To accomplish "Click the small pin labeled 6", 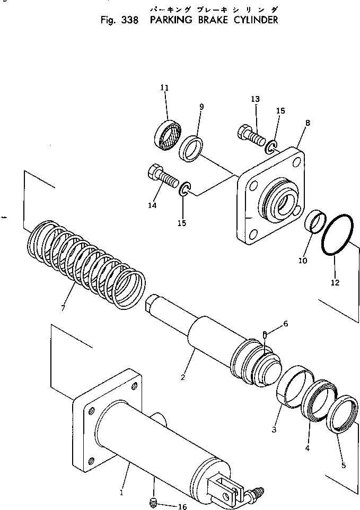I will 264,335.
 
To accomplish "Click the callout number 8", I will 308,123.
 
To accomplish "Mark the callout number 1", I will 121,492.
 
